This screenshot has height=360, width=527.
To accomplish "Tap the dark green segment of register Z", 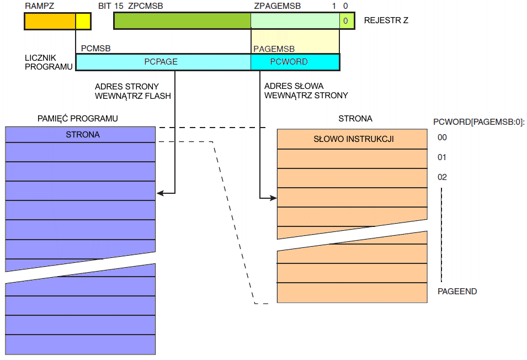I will click(182, 21).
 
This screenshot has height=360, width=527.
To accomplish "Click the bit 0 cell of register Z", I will click(345, 21).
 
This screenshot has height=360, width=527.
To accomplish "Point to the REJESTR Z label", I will click(386, 21).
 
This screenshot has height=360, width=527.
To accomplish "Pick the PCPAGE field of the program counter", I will click(161, 62).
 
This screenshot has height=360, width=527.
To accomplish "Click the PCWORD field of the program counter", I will click(289, 62).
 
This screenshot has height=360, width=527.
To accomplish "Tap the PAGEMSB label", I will click(274, 49).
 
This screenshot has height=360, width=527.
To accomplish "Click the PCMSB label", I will click(96, 49).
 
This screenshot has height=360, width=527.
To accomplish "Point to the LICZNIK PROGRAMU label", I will click(49, 62).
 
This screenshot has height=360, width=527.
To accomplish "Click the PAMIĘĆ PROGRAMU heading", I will click(78, 119).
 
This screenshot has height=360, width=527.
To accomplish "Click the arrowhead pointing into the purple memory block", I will click(160, 193).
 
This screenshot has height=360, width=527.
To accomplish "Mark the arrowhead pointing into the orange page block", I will click(273, 198).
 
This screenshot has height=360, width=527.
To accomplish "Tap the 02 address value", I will click(441, 177).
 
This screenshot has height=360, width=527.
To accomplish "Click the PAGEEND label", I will click(457, 291).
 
